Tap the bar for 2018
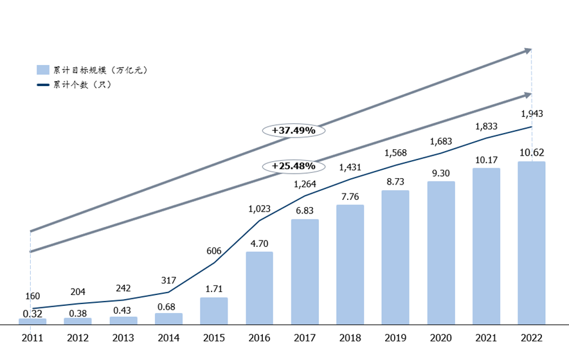point(350,264)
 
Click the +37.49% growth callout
point(293,130)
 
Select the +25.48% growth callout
point(293,166)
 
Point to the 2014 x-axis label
point(168,337)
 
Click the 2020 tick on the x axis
point(441,337)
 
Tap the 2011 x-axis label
point(32,337)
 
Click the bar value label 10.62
point(532,153)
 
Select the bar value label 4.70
point(260,244)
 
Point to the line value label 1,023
point(260,208)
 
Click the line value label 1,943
point(532,114)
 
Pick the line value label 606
point(214,251)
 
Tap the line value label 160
point(32,296)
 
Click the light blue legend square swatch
point(43,70)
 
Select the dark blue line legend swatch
point(43,84)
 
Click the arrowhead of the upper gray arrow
point(528,50)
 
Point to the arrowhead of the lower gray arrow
point(528,94)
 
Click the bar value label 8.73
point(395,182)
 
